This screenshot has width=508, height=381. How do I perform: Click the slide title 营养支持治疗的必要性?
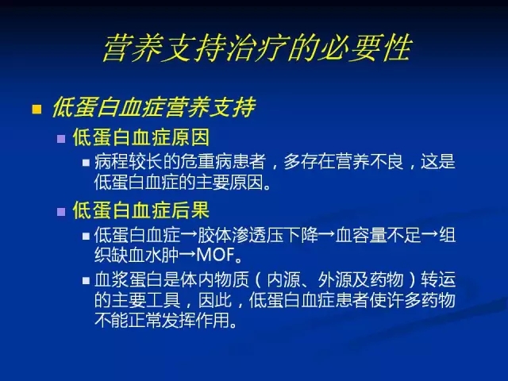(257, 48)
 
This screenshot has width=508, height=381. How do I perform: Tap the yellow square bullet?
(37, 109)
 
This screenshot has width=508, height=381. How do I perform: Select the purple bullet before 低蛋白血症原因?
(61, 139)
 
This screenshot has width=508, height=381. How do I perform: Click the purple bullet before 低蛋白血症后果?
(61, 212)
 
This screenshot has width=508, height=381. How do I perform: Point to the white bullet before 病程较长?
(86, 162)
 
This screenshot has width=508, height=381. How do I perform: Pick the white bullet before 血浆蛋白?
(86, 280)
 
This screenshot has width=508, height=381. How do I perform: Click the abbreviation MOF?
(215, 255)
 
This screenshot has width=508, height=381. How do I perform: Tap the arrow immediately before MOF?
(187, 255)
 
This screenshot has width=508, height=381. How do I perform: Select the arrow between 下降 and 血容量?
(326, 235)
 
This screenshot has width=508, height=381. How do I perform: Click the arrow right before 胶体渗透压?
(189, 235)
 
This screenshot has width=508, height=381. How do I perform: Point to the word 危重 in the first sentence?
(198, 161)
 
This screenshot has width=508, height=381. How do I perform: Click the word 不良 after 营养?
(387, 161)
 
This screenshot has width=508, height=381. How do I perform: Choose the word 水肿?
(162, 255)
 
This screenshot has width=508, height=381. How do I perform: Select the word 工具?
(163, 300)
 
